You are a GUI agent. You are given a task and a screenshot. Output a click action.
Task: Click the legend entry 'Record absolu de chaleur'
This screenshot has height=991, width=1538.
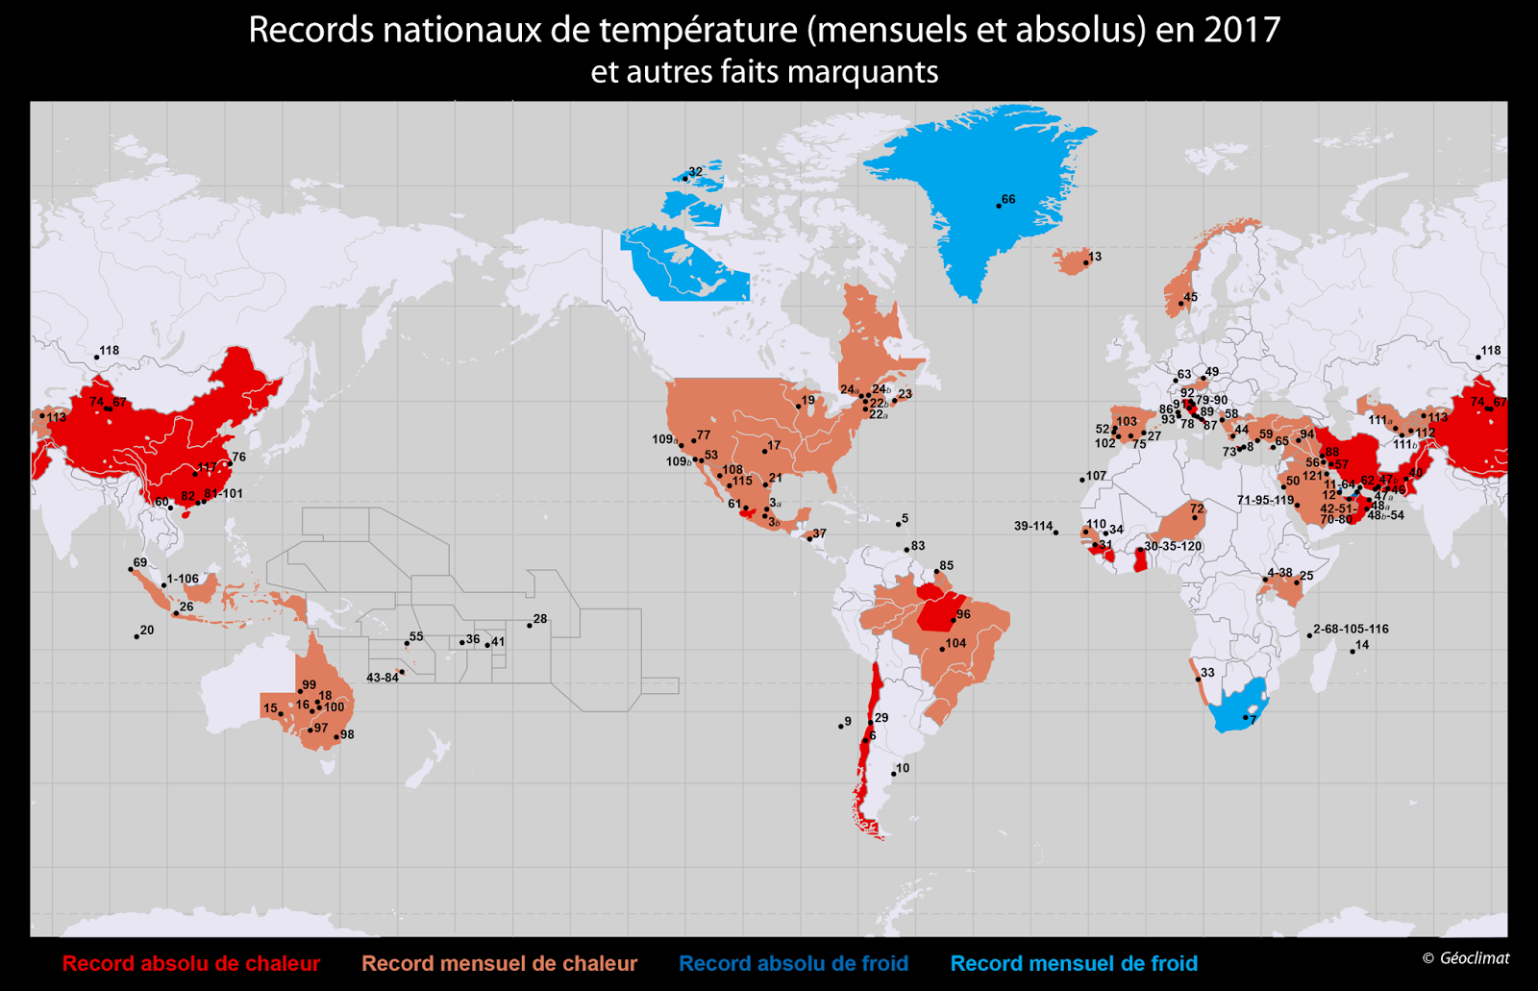pos(190,964)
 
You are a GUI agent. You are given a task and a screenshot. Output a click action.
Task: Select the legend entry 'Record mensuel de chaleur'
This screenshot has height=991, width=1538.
pos(499,964)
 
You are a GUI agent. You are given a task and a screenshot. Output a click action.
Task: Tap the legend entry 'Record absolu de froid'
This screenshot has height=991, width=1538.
pos(793,964)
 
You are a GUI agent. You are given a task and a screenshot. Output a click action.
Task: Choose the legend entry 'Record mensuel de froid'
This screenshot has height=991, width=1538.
pos(1074,964)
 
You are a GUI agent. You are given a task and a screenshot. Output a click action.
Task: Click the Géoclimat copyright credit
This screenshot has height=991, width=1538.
pos(1466,958)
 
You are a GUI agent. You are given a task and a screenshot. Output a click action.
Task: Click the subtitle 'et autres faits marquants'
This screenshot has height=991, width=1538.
pos(764,72)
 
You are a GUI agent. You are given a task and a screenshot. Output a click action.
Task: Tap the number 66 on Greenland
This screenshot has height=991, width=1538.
pos(1008,200)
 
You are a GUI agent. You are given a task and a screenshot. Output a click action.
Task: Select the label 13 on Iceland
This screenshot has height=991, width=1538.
pos(1095,257)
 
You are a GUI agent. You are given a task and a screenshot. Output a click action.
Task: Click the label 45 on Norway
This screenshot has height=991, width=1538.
pos(1190,298)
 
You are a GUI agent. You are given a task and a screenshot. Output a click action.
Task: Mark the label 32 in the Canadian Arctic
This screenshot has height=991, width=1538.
pos(695,172)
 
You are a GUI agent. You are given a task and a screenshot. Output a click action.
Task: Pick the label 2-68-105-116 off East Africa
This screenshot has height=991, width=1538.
pos(1351,629)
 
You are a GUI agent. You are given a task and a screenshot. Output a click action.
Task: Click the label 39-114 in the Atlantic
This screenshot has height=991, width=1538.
pos(1033,526)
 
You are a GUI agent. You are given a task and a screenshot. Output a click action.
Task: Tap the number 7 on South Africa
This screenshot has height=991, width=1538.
pos(1253,720)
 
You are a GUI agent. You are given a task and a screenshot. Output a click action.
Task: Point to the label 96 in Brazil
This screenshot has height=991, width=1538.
pos(963,614)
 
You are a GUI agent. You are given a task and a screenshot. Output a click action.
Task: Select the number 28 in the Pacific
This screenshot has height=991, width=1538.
pos(540,619)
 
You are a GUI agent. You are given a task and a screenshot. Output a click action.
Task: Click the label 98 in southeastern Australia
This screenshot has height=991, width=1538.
pos(347,734)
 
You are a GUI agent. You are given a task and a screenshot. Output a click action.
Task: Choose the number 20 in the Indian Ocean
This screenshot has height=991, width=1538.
pos(147,631)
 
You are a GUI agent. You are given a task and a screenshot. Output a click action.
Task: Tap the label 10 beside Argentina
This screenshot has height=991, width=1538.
pos(903,769)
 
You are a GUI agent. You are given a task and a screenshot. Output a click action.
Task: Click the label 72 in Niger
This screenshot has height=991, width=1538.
pos(1197,508)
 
